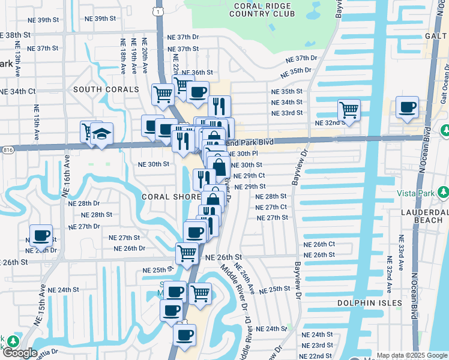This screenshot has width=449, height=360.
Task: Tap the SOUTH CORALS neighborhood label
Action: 106,89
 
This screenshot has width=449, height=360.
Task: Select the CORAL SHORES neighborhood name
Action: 171,197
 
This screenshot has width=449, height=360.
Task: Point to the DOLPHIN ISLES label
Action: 369,303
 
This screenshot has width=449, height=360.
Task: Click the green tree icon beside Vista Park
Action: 443,193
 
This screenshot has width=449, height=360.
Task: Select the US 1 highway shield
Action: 157,11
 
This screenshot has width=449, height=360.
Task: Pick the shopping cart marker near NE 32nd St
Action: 348,110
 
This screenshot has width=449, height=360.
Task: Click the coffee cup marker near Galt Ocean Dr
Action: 408,107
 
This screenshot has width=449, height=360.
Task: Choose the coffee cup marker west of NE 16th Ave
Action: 41,235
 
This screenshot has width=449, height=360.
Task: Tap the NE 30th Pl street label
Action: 244,154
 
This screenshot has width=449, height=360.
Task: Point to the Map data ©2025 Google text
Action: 411,355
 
